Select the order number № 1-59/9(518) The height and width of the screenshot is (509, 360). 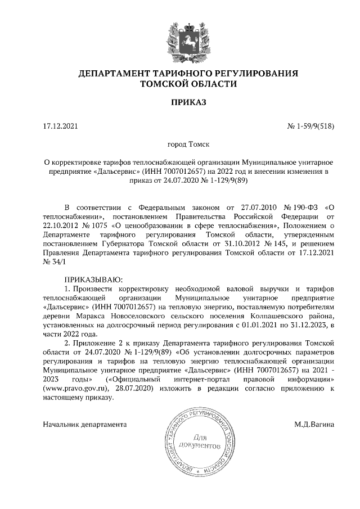[310, 126]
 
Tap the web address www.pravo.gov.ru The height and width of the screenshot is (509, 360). [74, 388]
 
